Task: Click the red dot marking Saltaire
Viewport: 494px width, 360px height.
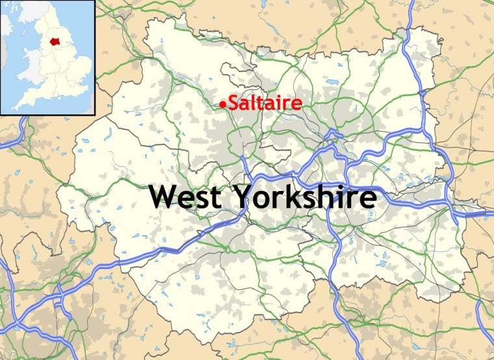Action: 224,104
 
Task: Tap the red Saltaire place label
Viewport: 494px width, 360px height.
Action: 263,103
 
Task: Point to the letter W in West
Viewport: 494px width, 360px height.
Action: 164,196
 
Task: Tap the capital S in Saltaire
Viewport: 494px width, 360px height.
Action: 233,103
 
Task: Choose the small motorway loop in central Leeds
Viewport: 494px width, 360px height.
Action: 333,136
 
